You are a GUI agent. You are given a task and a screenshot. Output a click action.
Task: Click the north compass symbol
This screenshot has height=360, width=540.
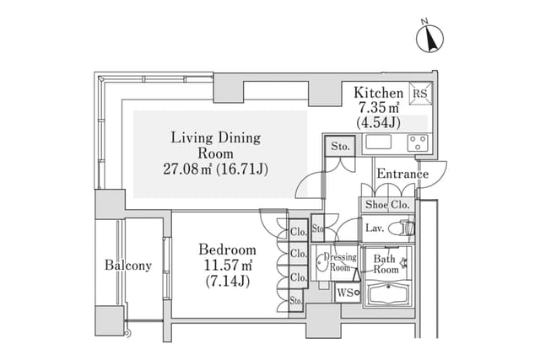(429, 38)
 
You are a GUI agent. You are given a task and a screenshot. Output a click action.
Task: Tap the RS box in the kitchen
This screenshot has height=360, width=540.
(420, 93)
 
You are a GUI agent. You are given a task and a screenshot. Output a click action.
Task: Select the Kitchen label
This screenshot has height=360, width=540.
(379, 93)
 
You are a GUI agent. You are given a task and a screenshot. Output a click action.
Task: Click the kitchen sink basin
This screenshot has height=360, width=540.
(379, 142)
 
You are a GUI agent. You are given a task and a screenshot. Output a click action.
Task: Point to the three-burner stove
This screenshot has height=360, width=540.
(418, 142)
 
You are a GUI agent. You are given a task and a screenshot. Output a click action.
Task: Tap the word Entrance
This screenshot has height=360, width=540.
(402, 174)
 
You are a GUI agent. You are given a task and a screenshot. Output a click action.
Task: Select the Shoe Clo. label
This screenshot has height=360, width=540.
(387, 205)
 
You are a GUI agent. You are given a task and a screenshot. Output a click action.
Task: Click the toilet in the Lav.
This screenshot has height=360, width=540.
(402, 228)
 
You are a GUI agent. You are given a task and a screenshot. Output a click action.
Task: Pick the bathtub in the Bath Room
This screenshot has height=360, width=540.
(388, 294)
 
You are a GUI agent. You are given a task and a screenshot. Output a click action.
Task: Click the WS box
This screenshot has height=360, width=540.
(348, 293)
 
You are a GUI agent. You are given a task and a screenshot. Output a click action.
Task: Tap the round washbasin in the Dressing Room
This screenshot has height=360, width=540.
(321, 262)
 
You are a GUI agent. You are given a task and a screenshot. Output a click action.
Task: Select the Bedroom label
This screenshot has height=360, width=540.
(227, 250)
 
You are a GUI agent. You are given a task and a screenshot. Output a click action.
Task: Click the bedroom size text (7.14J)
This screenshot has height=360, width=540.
(228, 282)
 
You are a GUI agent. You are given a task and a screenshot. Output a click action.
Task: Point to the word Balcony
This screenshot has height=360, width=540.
(128, 266)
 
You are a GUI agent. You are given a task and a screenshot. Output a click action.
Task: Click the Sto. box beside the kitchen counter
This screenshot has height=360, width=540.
(340, 146)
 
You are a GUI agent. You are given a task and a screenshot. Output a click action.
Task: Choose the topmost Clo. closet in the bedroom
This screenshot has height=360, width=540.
(298, 231)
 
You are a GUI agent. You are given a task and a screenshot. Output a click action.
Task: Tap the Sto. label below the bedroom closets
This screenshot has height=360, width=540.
(296, 301)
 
